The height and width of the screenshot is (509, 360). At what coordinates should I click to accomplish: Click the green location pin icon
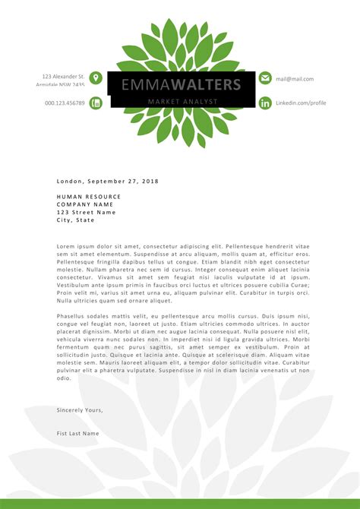click(x=96, y=78)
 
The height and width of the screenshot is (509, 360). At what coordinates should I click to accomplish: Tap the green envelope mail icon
click(x=265, y=78)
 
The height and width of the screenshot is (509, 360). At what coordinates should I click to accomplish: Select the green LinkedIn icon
click(x=265, y=103)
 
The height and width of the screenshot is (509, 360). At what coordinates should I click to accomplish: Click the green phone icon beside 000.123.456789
click(x=96, y=103)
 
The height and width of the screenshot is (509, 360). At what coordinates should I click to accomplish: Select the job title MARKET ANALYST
click(x=182, y=102)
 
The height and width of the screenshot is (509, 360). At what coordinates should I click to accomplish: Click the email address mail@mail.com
click(x=294, y=78)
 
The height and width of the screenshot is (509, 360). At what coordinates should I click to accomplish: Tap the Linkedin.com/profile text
click(x=300, y=103)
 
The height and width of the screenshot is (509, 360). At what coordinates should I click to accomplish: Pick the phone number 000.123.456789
click(x=65, y=103)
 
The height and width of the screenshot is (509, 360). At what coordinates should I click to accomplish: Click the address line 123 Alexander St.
click(x=63, y=76)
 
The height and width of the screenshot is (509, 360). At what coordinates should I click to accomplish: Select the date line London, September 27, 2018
click(x=107, y=182)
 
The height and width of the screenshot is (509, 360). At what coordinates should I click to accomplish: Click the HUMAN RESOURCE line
click(x=89, y=197)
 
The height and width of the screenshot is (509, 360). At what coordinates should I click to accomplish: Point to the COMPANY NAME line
click(x=84, y=204)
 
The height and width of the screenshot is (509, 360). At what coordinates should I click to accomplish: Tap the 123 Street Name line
click(x=86, y=212)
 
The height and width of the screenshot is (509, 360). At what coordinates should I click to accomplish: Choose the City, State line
click(x=75, y=220)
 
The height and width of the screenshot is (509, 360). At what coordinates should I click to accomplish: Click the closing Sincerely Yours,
click(x=79, y=409)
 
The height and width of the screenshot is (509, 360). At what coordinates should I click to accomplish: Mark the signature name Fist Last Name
click(x=77, y=433)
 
